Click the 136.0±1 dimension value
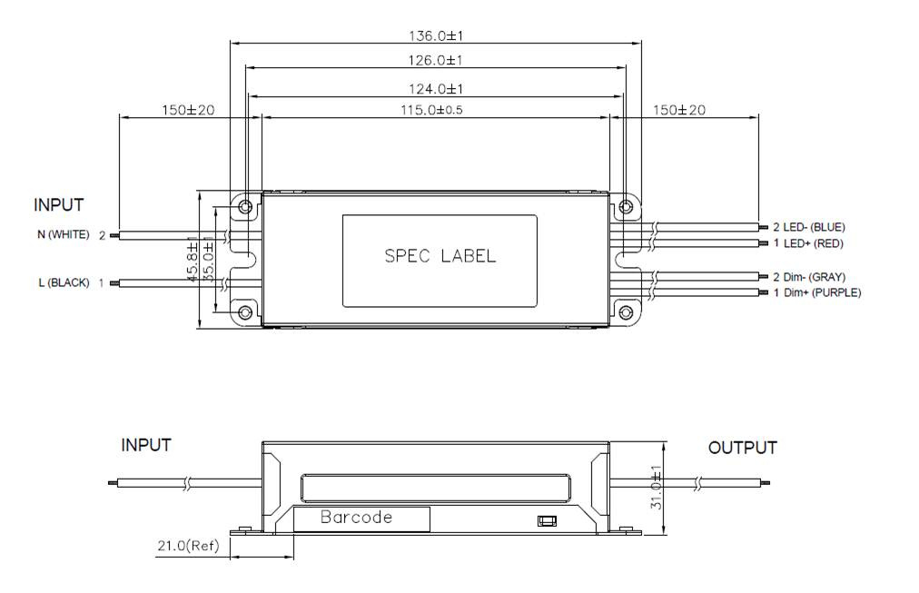click(x=437, y=36)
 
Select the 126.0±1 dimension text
click(x=437, y=60)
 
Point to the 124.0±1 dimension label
click(x=437, y=89)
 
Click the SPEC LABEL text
click(x=440, y=255)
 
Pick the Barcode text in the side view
click(x=356, y=518)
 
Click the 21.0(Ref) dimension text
click(x=185, y=546)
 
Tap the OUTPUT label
click(x=742, y=448)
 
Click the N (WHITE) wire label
click(x=64, y=234)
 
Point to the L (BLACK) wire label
click(x=64, y=282)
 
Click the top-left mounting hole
click(x=244, y=207)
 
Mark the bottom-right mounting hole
click(x=625, y=312)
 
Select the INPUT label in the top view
click(x=59, y=204)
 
